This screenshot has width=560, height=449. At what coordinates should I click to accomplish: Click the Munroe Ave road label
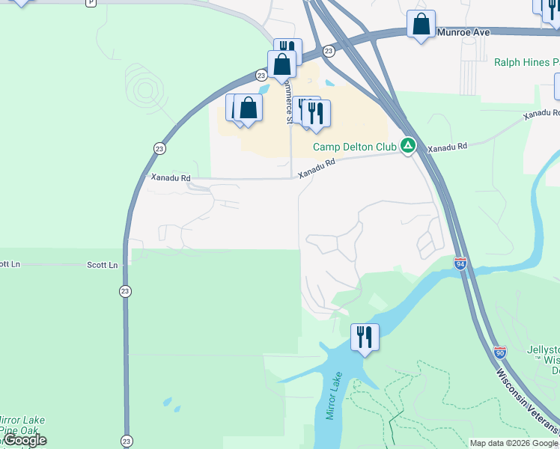(x=463, y=33)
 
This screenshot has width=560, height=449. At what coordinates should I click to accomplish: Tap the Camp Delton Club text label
(x=354, y=147)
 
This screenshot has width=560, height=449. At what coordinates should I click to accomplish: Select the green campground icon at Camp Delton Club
(x=407, y=145)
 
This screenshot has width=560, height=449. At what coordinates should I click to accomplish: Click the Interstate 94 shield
(x=460, y=263)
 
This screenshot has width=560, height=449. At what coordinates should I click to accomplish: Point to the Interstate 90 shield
(x=499, y=351)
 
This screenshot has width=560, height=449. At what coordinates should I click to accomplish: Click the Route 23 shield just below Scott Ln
(x=125, y=291)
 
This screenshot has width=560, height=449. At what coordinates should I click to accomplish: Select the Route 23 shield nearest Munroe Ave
(x=328, y=50)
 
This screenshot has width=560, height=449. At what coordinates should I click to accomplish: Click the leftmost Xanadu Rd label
(x=171, y=178)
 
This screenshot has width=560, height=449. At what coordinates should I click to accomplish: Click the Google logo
(x=24, y=440)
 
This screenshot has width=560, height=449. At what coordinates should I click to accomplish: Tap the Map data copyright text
(x=514, y=443)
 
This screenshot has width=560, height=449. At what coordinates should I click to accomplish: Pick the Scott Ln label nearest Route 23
(x=103, y=265)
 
